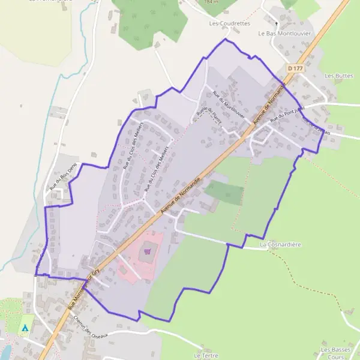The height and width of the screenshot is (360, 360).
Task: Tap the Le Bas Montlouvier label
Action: [285, 34]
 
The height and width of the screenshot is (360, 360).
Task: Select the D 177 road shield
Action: [295, 69]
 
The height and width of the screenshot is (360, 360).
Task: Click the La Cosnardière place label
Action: [280, 245]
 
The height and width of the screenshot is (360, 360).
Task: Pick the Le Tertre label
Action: [206, 355]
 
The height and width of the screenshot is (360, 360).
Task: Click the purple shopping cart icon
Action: [148, 253]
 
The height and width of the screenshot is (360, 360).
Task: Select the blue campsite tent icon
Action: [25, 328]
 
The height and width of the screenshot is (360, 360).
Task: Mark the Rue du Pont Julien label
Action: [288, 113]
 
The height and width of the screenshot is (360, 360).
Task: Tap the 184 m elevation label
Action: [211, 2]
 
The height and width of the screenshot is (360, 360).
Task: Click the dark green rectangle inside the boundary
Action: [224, 191]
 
